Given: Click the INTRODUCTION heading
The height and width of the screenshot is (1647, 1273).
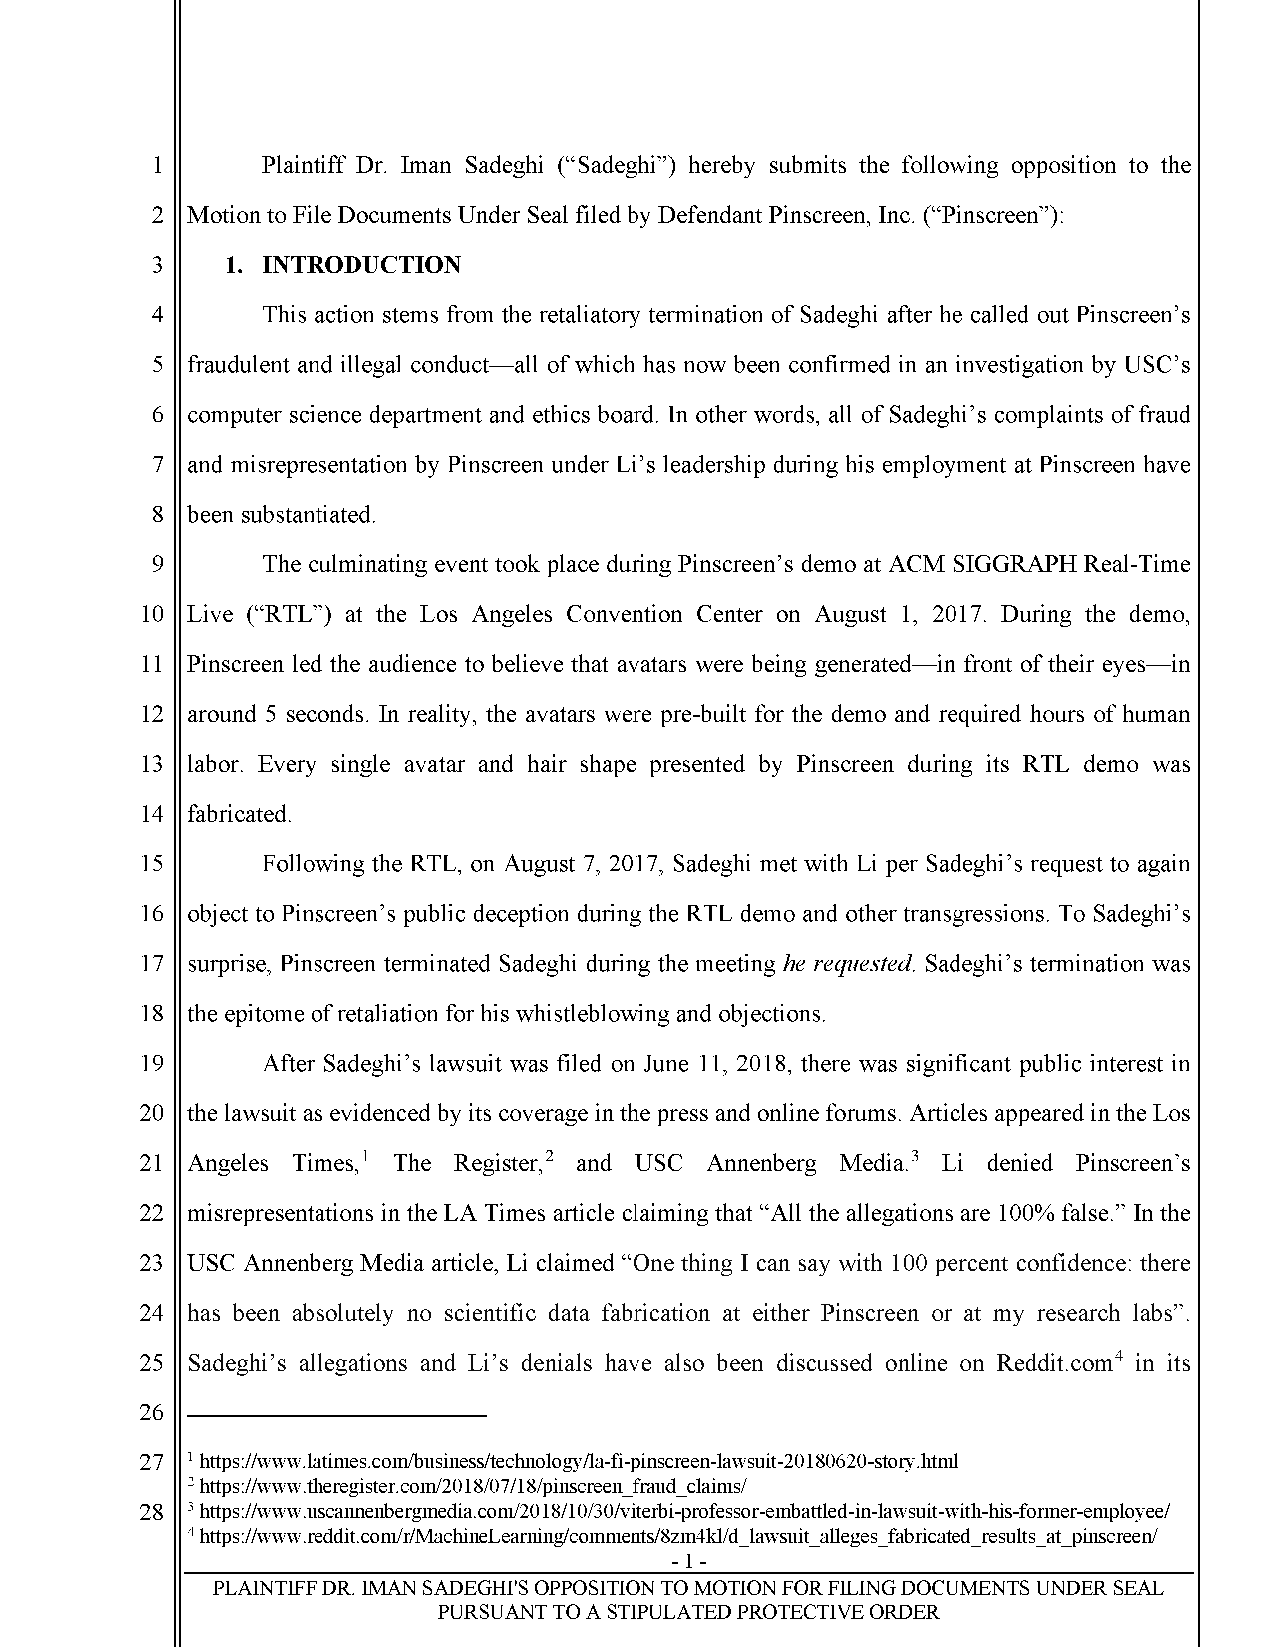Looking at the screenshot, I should pos(361,265).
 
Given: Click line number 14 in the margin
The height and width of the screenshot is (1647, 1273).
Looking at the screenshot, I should pos(152,813).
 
